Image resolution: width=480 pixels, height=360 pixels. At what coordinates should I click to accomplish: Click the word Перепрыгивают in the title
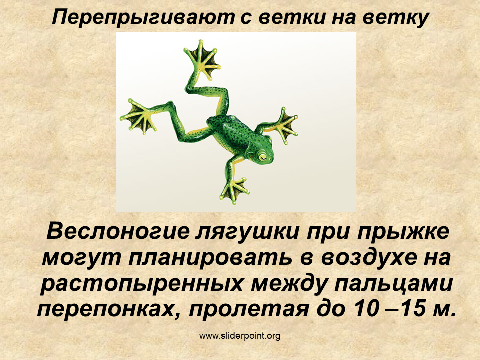(x=143, y=17)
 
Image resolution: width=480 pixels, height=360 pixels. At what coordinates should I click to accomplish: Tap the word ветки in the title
(x=292, y=17)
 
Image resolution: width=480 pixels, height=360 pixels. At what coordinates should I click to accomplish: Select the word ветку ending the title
(x=396, y=18)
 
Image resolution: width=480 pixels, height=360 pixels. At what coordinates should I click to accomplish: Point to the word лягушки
(x=247, y=232)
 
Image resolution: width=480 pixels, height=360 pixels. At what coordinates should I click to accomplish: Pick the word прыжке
(x=403, y=232)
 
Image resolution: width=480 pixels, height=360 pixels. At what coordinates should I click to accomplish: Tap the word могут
(x=81, y=258)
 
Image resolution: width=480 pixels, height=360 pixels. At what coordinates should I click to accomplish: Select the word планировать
(x=210, y=258)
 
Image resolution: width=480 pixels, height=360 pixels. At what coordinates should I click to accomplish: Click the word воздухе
(x=369, y=258)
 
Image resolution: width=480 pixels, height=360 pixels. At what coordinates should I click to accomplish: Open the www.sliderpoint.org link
(x=240, y=336)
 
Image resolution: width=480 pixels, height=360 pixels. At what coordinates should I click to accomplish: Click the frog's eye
(x=262, y=157)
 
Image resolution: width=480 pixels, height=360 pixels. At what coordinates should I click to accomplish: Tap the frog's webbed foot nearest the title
(x=202, y=59)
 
